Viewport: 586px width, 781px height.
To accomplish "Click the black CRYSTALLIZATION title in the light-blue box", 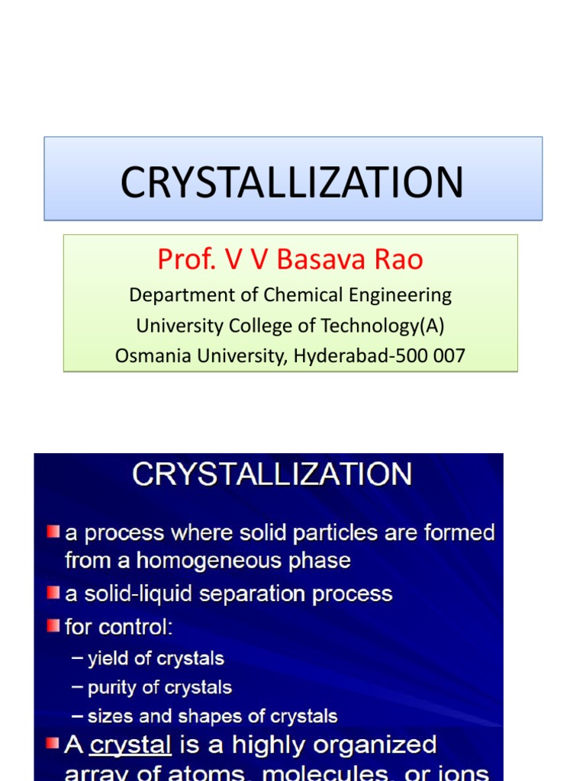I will (x=292, y=182).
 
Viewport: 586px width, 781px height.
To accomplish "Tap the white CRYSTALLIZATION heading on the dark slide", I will (x=272, y=474).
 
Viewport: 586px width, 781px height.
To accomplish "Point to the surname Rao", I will (x=398, y=260).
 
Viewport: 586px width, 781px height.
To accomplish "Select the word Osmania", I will (x=150, y=355).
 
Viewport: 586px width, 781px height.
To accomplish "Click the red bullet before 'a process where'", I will (x=53, y=531).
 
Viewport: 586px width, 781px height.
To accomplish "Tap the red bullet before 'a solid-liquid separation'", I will (x=53, y=593).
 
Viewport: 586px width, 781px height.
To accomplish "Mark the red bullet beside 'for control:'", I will (x=53, y=626).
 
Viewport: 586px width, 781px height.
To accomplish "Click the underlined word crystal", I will (x=130, y=745).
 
